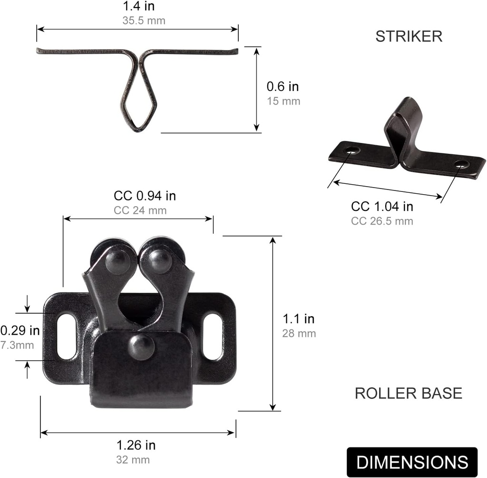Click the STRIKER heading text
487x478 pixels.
409,37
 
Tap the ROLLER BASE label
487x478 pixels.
408,393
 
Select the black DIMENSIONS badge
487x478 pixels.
412,462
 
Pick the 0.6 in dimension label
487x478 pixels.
282,87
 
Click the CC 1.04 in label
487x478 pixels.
382,207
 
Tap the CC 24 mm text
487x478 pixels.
140,210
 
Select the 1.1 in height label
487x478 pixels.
299,319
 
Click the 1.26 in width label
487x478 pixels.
136,445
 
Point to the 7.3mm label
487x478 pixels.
17,345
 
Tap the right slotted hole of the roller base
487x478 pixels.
213,336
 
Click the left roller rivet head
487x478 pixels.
117,261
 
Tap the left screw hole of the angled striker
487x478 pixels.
352,150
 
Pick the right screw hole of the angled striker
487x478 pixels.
461,164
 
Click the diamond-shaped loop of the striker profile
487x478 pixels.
137,101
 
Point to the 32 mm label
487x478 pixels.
133,459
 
